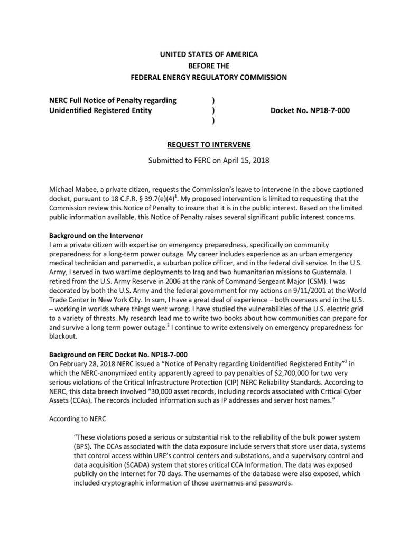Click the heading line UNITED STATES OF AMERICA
tap(209, 54)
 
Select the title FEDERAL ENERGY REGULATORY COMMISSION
tap(209, 77)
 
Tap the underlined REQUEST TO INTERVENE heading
tap(209, 144)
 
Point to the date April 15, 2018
tap(246, 160)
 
